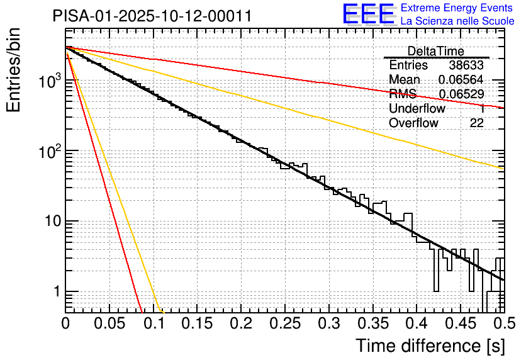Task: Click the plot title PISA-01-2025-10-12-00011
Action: point(152,16)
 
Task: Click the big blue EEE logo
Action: point(368,14)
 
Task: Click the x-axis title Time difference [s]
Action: point(430,346)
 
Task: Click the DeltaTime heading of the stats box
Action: point(435,51)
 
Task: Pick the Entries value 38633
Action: point(466,65)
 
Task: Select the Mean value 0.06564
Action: point(461,80)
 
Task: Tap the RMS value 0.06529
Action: point(461,94)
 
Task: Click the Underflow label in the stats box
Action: point(417,109)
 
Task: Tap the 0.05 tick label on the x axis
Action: point(109,323)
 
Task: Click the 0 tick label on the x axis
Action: point(65,323)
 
